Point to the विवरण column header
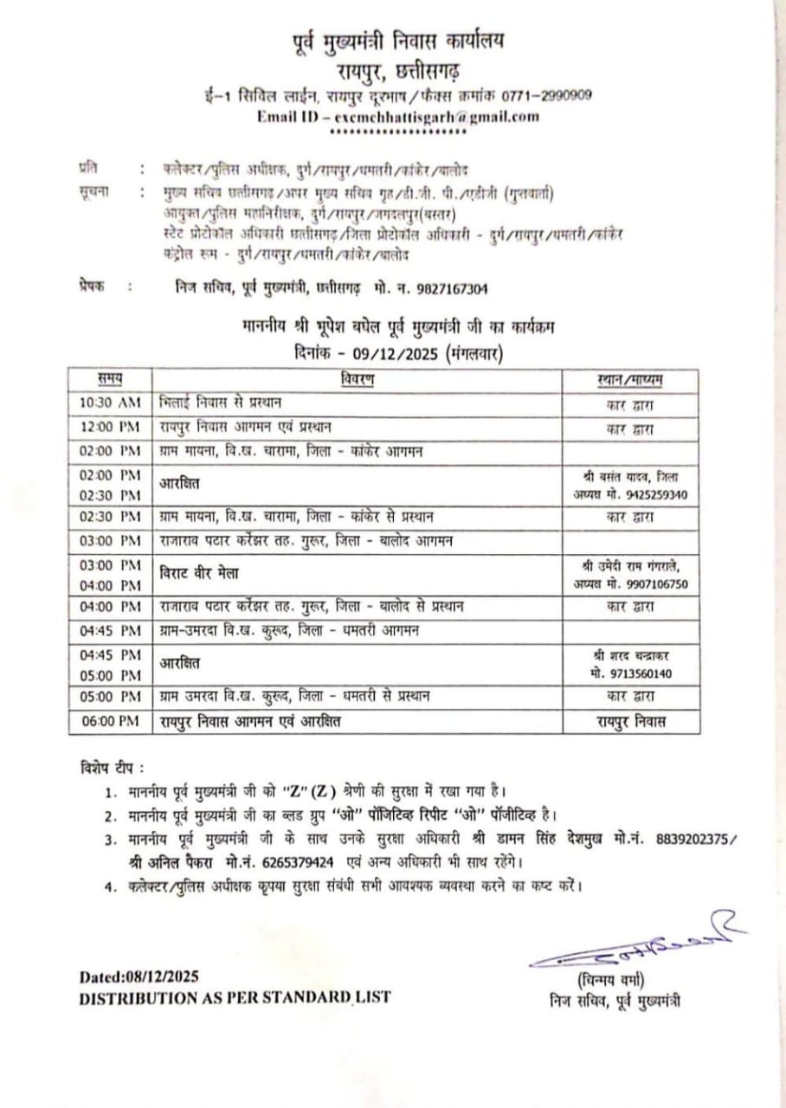click(x=357, y=379)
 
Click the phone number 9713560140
click(x=642, y=673)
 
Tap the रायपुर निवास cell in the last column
click(x=630, y=721)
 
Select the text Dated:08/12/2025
click(x=139, y=976)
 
